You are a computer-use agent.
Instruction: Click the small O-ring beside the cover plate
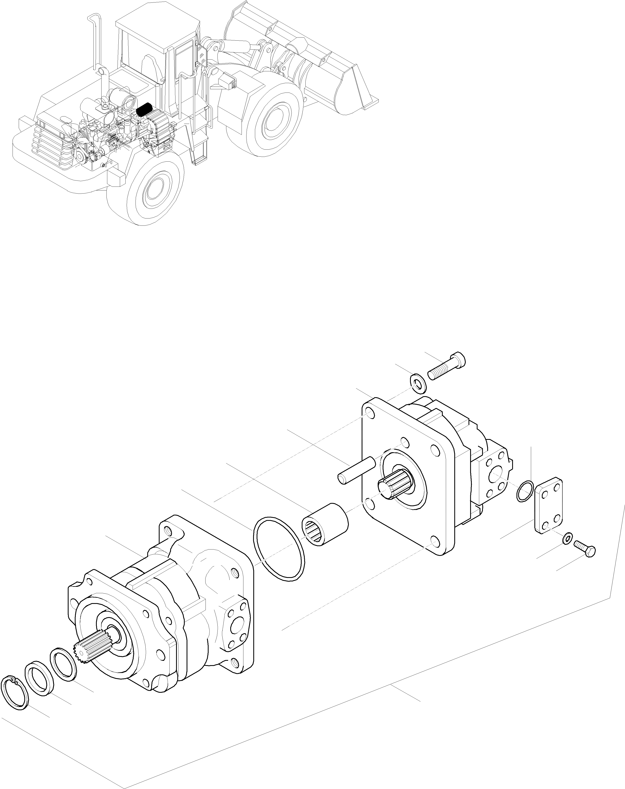[525, 491]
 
